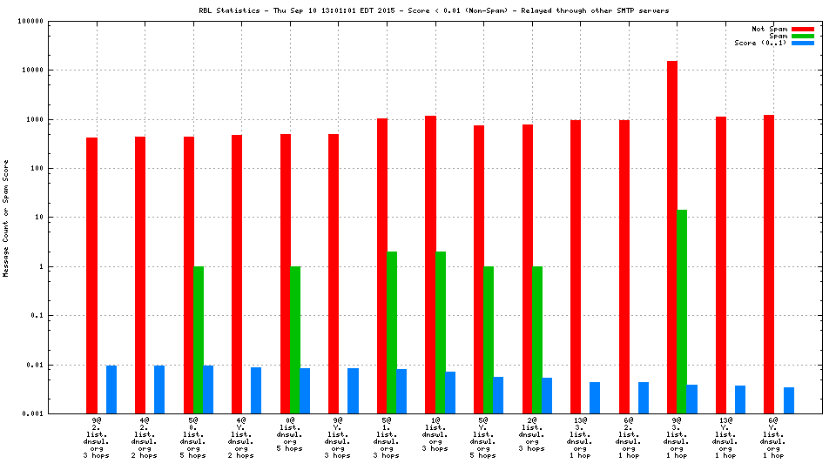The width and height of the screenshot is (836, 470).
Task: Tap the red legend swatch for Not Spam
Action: pos(802,29)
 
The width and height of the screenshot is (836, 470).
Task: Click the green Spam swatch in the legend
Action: pos(802,36)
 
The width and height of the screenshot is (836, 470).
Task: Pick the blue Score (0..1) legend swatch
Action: pos(802,43)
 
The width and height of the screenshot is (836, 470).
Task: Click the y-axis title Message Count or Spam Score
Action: pos(6,218)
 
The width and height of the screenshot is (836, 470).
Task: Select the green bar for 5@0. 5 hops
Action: pos(199,339)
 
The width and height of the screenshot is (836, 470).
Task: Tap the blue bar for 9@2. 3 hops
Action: pos(111,389)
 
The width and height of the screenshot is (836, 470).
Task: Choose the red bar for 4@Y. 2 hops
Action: pos(237,274)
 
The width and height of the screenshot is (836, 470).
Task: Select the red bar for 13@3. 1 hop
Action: pos(576,266)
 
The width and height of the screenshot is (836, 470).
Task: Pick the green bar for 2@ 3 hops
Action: pos(537,339)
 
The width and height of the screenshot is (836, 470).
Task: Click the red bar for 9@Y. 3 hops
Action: pos(334,273)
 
